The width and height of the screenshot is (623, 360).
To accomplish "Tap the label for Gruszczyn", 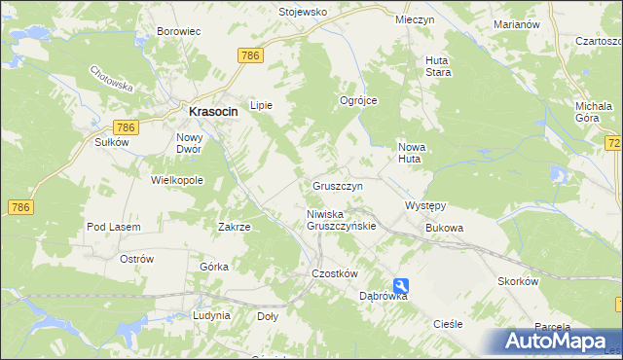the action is click(338, 185).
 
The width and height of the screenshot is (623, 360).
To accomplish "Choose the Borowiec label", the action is click(178, 31).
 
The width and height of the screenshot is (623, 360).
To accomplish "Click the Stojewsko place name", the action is click(303, 13).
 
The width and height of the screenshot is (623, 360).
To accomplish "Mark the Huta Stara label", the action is click(437, 66).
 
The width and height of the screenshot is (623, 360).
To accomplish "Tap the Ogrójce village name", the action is click(357, 101).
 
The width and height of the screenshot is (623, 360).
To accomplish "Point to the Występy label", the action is click(424, 206).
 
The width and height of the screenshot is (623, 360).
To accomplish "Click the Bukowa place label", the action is click(444, 228).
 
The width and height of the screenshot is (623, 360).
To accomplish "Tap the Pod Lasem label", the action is click(114, 227).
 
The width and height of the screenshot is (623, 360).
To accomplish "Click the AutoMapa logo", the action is click(556, 341).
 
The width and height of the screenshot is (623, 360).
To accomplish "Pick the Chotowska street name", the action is click(110, 81).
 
